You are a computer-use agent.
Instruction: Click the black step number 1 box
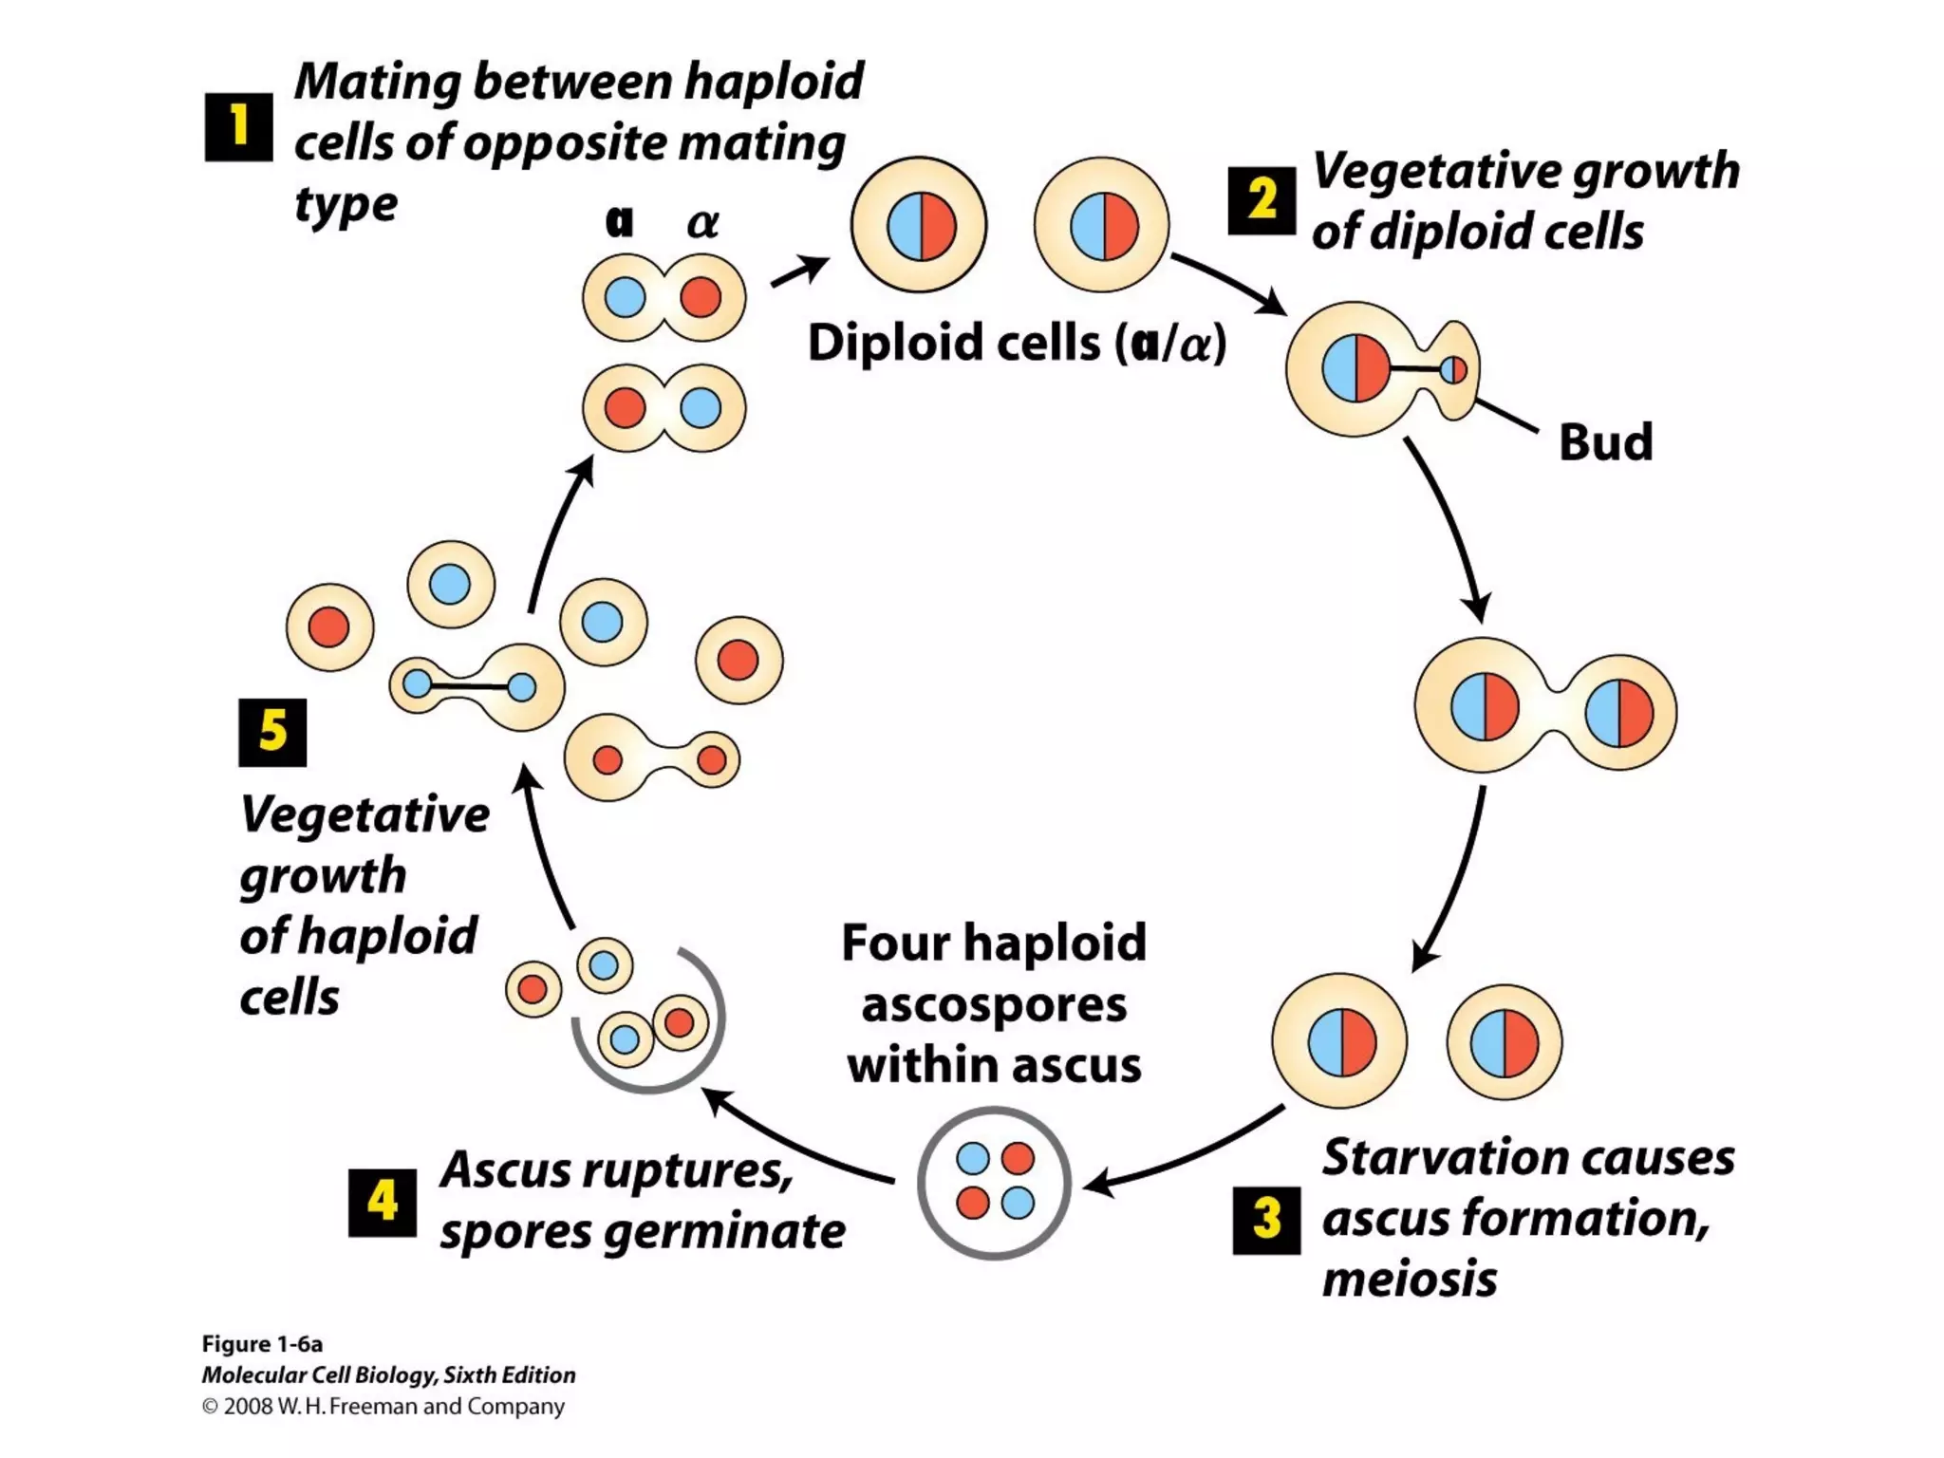pyautogui.click(x=238, y=127)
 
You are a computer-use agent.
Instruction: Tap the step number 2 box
pyautogui.click(x=1262, y=200)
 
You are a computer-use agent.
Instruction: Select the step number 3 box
pyautogui.click(x=1266, y=1220)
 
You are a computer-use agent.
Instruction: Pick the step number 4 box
pyautogui.click(x=382, y=1203)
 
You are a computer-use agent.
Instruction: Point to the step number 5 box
pyautogui.click(x=272, y=732)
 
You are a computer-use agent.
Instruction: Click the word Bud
pyautogui.click(x=1605, y=442)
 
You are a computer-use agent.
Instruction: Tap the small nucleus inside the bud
pyautogui.click(x=1452, y=369)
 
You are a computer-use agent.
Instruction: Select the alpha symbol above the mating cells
pyautogui.click(x=702, y=223)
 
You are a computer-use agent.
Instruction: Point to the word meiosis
pyautogui.click(x=1409, y=1280)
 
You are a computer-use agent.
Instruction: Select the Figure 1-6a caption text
pyautogui.click(x=262, y=1344)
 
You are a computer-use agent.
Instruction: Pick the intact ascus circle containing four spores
pyautogui.click(x=994, y=1183)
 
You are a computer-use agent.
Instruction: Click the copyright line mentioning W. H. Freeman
pyautogui.click(x=383, y=1407)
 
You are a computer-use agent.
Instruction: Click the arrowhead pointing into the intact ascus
pyautogui.click(x=1097, y=1185)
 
